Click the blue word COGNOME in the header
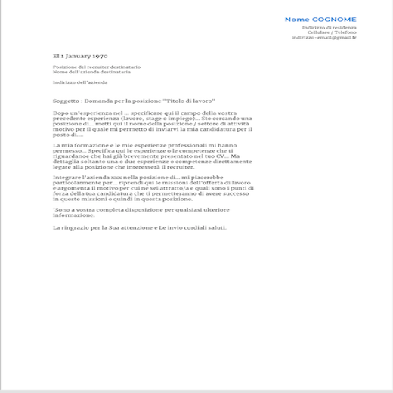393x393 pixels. [x=337, y=19]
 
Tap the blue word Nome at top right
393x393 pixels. [x=298, y=19]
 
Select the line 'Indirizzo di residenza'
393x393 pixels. [x=330, y=27]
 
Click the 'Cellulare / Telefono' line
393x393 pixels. [x=332, y=32]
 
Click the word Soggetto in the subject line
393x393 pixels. [x=67, y=100]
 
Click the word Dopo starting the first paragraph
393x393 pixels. [x=60, y=113]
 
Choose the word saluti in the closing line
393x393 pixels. [x=215, y=227]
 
